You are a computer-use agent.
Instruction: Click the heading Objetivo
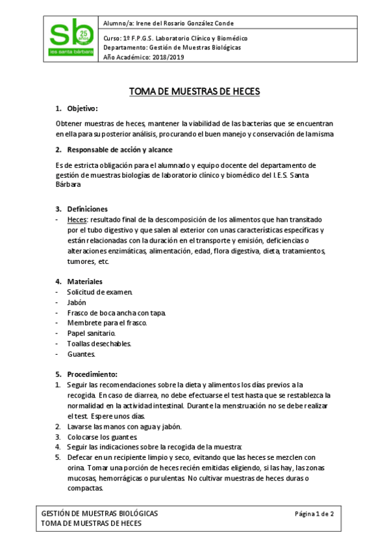[82, 108]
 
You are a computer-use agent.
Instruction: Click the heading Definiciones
[87, 209]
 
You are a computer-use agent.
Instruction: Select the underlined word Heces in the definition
[77, 220]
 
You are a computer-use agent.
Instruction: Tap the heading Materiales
[84, 281]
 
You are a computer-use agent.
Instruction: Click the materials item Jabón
[76, 302]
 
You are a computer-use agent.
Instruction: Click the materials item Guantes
[81, 353]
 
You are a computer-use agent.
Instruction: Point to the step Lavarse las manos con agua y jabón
[123, 426]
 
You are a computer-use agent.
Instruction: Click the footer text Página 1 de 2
[314, 513]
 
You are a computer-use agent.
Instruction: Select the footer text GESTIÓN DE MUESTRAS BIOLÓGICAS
[99, 513]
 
